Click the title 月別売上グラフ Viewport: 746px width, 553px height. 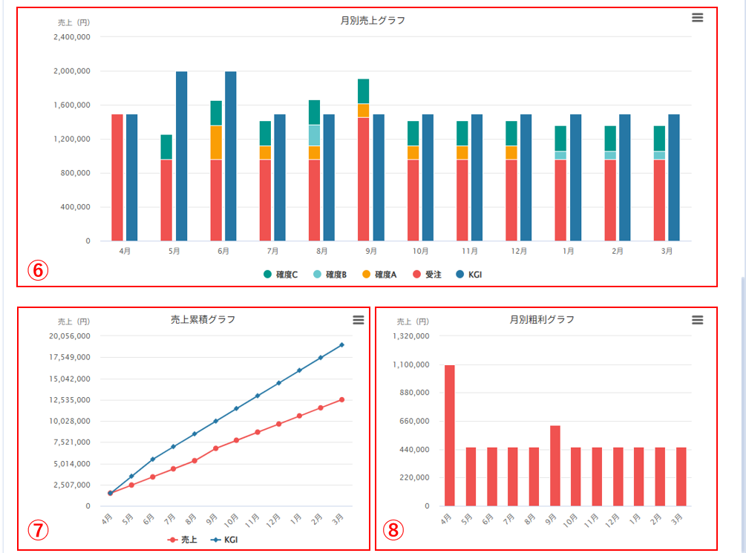coord(373,20)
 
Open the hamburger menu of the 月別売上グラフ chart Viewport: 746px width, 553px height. coord(697,18)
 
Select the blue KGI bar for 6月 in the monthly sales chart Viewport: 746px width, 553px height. coord(231,156)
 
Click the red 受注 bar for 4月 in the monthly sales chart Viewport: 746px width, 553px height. coord(117,177)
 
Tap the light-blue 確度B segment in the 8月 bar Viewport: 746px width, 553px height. coord(315,135)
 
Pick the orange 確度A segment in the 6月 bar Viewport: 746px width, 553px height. coord(216,143)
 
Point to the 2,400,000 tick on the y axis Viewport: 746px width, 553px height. coord(73,37)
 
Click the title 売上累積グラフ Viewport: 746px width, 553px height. coord(203,319)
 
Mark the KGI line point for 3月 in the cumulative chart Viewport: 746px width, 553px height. coord(341,344)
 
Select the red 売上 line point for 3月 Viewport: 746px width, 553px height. coord(341,399)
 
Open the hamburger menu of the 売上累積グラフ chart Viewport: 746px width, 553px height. coord(358,319)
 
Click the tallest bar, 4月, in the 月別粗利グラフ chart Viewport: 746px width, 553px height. coord(450,435)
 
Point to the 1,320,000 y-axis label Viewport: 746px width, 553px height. coord(410,336)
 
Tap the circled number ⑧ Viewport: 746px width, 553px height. coord(394,530)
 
